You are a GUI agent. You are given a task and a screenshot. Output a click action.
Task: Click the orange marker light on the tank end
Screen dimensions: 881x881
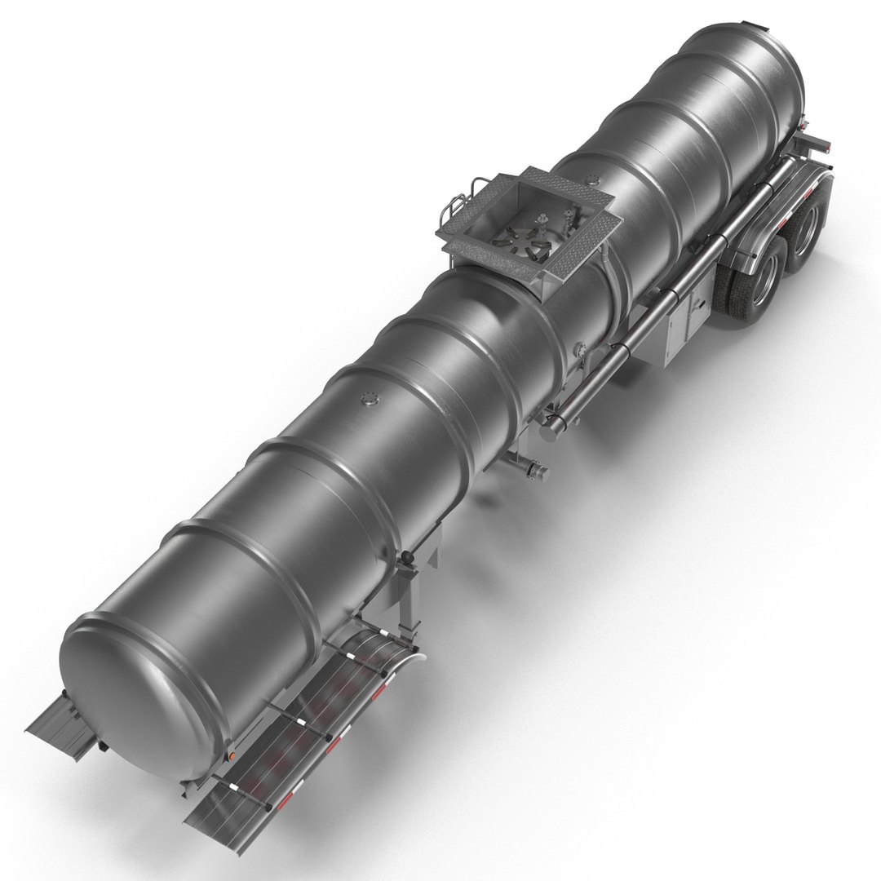click(x=232, y=757)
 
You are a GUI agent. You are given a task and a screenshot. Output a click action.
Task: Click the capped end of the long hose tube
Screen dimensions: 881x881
click(x=557, y=423)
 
